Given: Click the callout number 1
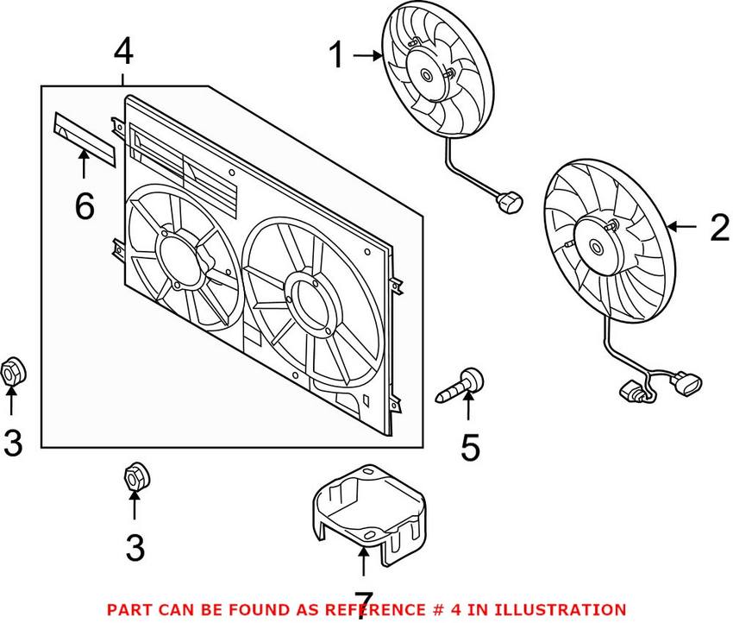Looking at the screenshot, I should (335, 58).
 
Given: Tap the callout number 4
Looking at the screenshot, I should (123, 52).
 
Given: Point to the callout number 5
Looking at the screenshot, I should (469, 447).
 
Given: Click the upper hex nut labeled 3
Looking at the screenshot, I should (13, 371).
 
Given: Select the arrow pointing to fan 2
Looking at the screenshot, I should (681, 228).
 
